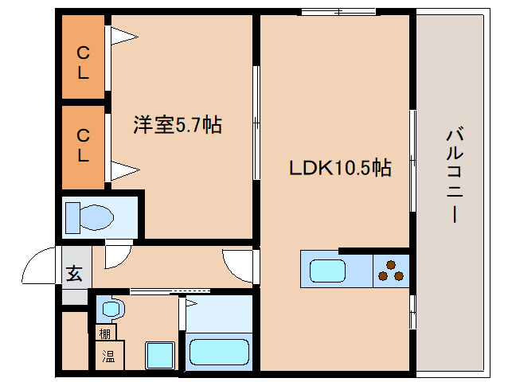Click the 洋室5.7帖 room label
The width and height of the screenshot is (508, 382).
(177, 125)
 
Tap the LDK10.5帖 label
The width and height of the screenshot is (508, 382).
(339, 168)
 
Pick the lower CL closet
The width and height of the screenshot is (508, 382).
(83, 146)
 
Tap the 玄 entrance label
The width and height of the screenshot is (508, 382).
(74, 273)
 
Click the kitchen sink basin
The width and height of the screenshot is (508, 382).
(327, 271)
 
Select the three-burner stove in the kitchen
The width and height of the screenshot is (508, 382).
(390, 270)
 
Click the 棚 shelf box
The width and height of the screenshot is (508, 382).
(105, 333)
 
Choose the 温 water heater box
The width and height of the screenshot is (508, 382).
(106, 356)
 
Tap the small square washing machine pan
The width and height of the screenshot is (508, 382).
(159, 354)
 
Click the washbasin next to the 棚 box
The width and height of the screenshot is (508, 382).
(110, 308)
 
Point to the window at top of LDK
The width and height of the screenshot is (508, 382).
(338, 11)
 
